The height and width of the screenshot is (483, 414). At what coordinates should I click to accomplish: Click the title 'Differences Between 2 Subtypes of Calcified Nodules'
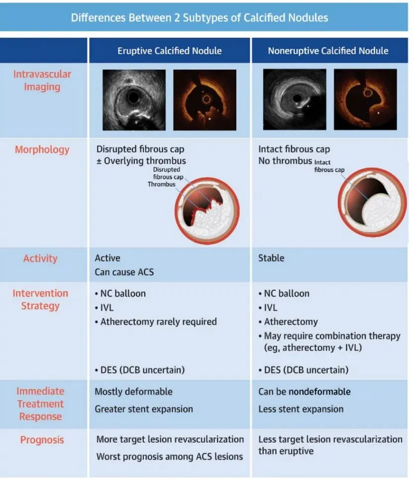(200, 18)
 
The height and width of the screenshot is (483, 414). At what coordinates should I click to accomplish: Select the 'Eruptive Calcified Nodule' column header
(170, 51)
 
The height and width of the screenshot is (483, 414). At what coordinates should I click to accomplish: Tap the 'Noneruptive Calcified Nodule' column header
(328, 51)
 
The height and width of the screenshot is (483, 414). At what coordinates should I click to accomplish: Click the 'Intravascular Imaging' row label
(42, 81)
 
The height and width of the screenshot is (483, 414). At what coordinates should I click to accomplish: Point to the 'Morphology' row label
(42, 149)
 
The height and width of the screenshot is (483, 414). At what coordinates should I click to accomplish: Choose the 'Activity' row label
(40, 258)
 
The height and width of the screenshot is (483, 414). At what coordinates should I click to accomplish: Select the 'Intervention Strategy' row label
(40, 299)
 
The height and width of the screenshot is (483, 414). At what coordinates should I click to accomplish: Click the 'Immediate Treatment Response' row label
(40, 404)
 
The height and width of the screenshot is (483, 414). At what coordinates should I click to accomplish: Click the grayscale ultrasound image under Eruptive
(134, 100)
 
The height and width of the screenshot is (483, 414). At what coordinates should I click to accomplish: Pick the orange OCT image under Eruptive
(205, 100)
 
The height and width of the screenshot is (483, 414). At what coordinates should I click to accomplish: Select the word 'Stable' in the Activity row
(271, 258)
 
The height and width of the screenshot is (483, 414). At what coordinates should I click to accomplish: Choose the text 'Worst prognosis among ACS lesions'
(169, 456)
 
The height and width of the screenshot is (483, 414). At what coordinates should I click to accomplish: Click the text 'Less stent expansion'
(301, 409)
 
